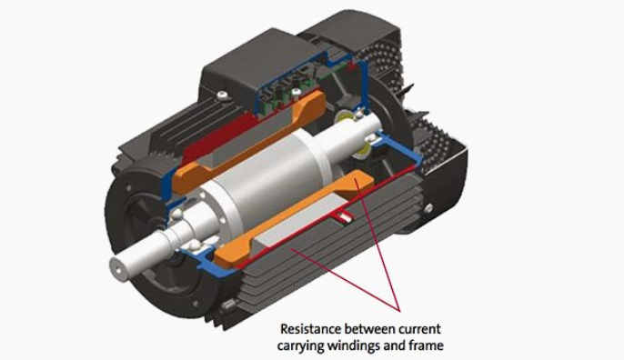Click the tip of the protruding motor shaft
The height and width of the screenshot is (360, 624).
click(118, 266)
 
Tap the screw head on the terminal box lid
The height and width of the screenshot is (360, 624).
click(223, 95)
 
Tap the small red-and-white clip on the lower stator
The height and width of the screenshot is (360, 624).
click(344, 216)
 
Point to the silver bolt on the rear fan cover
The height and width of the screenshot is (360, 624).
click(428, 208)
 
